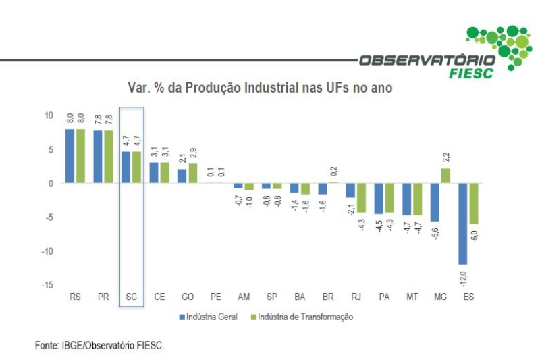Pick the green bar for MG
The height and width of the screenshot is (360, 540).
tap(445, 176)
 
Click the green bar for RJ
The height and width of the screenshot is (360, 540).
tap(361, 198)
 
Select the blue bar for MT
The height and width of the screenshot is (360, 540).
tap(407, 199)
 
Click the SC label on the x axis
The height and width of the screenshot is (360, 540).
tap(132, 297)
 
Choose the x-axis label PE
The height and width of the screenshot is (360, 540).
tap(216, 297)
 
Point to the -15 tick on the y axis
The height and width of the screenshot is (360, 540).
tap(47, 285)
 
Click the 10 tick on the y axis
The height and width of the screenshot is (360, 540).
tap(48, 115)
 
